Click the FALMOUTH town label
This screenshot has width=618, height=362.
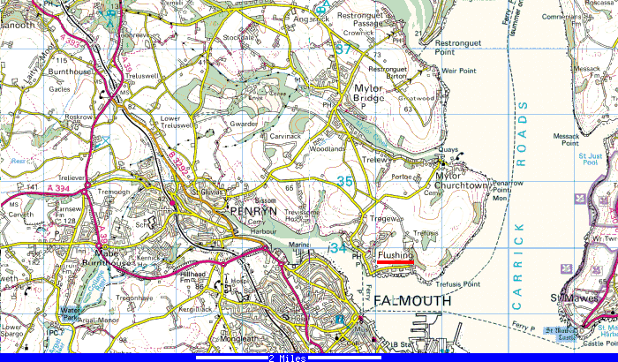coord(411,300)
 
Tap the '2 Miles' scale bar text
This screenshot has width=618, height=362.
coord(288,358)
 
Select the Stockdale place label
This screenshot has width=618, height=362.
coord(238,38)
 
